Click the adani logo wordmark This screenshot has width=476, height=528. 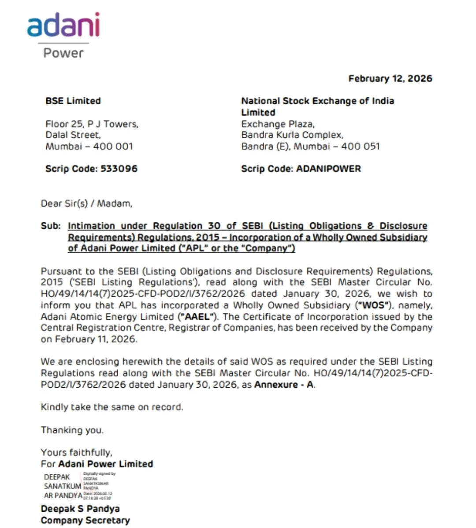click(x=63, y=26)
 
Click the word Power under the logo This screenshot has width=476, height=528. click(x=63, y=53)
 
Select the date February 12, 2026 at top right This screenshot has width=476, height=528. click(x=390, y=78)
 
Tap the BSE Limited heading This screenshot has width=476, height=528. click(x=73, y=101)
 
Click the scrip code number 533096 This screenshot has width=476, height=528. click(x=119, y=169)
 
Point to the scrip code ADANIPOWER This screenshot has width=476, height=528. click(x=328, y=169)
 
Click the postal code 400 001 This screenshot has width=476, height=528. click(x=113, y=146)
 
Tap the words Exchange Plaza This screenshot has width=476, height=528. click(x=278, y=124)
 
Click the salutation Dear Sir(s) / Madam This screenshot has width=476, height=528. click(x=86, y=203)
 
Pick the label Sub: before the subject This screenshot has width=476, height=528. click(x=51, y=226)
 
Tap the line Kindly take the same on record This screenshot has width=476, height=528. click(x=112, y=407)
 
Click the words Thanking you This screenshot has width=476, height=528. click(x=72, y=430)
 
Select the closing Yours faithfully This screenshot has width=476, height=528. click(x=77, y=452)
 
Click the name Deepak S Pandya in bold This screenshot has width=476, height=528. click(x=80, y=509)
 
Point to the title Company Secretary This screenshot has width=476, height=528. click(x=86, y=520)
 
